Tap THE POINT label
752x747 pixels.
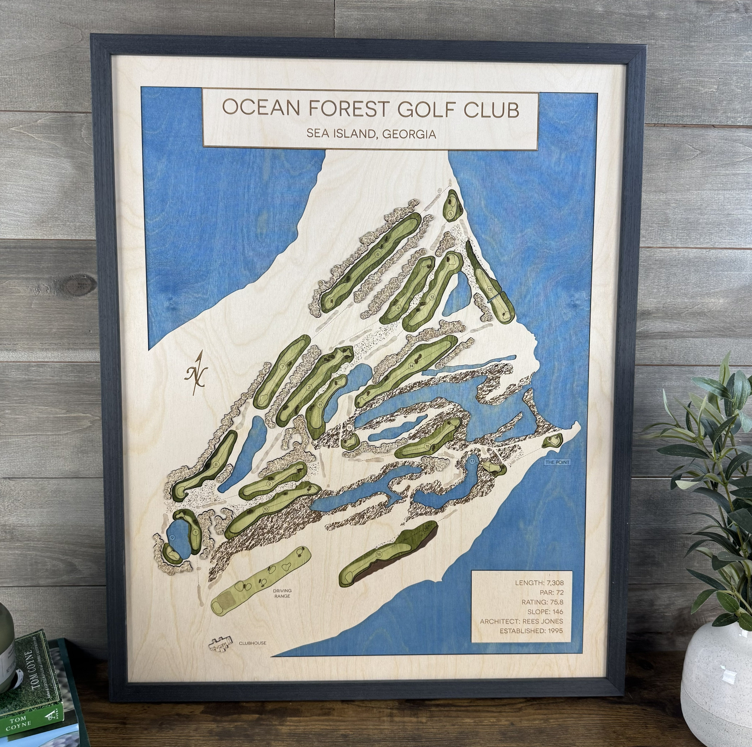tap(557, 462)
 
